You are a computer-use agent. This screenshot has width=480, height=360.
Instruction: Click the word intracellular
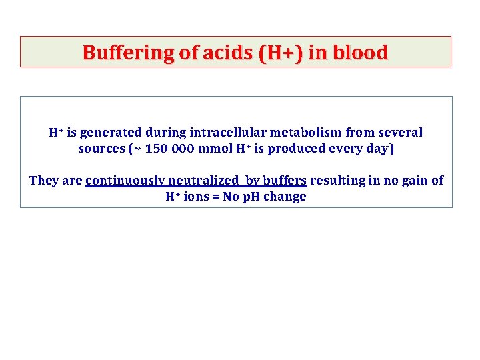pos(221,133)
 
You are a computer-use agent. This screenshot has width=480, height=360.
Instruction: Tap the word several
pos(399,133)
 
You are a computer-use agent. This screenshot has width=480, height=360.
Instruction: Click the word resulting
pos(336,181)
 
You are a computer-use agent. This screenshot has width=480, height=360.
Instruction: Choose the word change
pos(284,197)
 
